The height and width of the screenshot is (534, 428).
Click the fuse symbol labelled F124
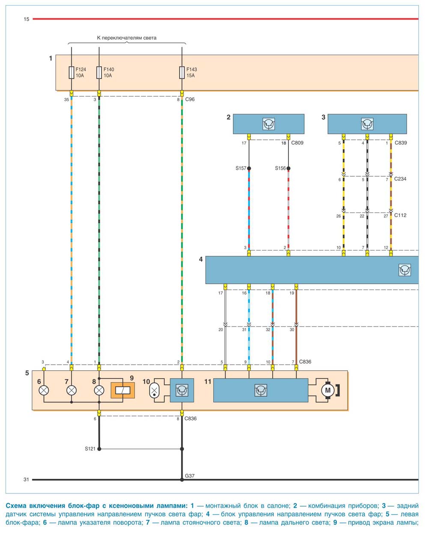(x=71, y=72)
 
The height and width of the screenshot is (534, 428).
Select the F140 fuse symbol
(x=99, y=72)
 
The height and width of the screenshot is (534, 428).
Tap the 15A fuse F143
(x=182, y=72)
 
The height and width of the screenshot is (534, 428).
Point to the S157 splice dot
(x=249, y=168)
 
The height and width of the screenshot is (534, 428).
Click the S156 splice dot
(x=288, y=168)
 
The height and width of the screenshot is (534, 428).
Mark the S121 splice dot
(x=99, y=448)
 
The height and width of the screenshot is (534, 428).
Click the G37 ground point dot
(x=182, y=479)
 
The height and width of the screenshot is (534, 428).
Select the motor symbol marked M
(x=328, y=390)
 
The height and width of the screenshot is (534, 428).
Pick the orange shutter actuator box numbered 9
(x=123, y=390)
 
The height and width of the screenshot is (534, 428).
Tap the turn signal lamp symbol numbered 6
(x=44, y=390)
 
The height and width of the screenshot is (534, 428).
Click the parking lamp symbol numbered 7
(x=71, y=390)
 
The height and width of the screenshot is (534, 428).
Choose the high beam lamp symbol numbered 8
(x=99, y=390)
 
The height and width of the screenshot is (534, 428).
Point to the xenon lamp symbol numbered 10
(x=154, y=390)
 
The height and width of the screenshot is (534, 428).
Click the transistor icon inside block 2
(x=268, y=124)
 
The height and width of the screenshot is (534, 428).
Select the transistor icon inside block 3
(x=367, y=124)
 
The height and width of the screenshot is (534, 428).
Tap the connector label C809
(x=297, y=143)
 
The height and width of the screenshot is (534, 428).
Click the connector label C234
(x=400, y=179)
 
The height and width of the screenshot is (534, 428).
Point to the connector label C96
(x=190, y=99)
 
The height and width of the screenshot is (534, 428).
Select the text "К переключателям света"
(x=127, y=38)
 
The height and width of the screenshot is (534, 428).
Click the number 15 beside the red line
(x=27, y=19)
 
